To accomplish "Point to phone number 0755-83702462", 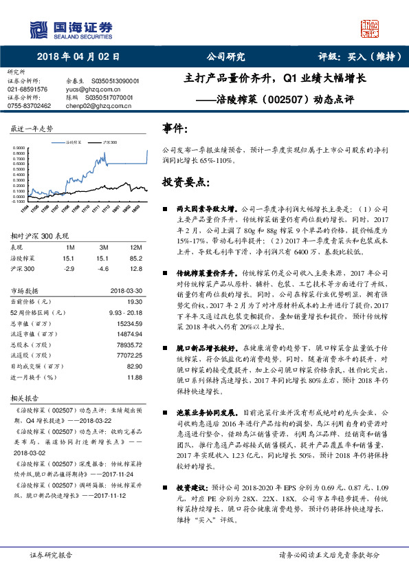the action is point(29,106).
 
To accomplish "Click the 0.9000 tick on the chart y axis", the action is point(19,148).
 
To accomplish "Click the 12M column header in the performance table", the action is point(135,247).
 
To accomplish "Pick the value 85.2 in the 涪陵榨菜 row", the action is point(136,259).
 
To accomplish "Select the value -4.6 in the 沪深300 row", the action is point(104,269).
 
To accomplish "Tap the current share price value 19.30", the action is point(134,301).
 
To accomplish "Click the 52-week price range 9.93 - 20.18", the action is point(124,312).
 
